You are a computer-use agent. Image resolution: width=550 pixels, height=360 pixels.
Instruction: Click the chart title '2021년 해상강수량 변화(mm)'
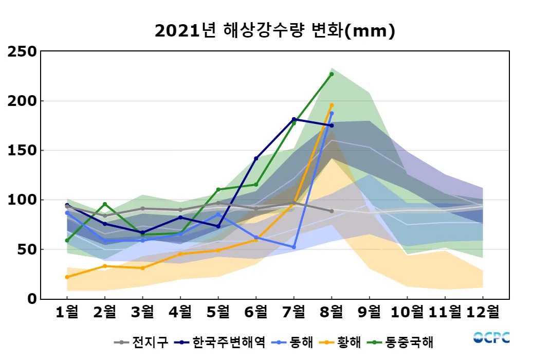coord(274,31)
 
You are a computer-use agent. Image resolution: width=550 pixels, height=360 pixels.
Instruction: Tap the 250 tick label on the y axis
coord(22,51)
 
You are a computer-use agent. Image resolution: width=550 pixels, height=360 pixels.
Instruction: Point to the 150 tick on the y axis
coord(22,150)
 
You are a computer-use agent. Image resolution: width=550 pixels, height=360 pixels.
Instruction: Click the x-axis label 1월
coord(67,312)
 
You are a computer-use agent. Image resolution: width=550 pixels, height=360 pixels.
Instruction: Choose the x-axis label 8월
coord(332,312)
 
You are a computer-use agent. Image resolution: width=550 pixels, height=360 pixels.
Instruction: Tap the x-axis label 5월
coord(218,312)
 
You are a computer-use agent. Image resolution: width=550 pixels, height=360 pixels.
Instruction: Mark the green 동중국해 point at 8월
coord(332,74)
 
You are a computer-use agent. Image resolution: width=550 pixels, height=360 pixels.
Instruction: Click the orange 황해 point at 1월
coord(67,277)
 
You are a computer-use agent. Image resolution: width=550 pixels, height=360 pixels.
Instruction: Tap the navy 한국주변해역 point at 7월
coord(294,119)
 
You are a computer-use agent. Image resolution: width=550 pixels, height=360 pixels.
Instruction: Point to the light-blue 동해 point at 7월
coord(294,247)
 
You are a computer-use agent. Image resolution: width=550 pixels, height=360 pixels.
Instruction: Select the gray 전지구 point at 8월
coord(332,211)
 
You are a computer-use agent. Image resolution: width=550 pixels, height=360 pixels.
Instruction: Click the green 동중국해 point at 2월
coord(105,204)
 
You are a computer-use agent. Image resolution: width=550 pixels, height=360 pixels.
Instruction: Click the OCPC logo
coord(491,337)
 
